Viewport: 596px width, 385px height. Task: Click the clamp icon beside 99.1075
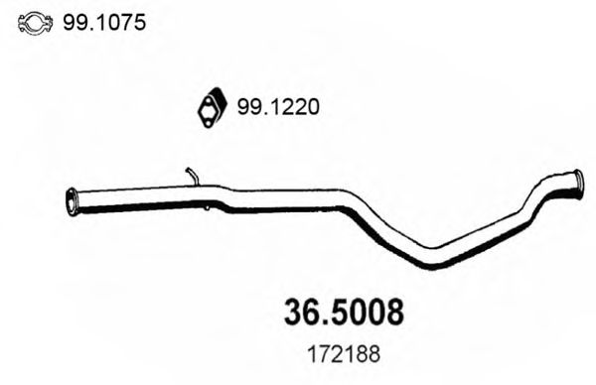(x=35, y=21)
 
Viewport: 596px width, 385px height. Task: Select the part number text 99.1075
(x=104, y=21)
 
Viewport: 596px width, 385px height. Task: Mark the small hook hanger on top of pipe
(x=191, y=176)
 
